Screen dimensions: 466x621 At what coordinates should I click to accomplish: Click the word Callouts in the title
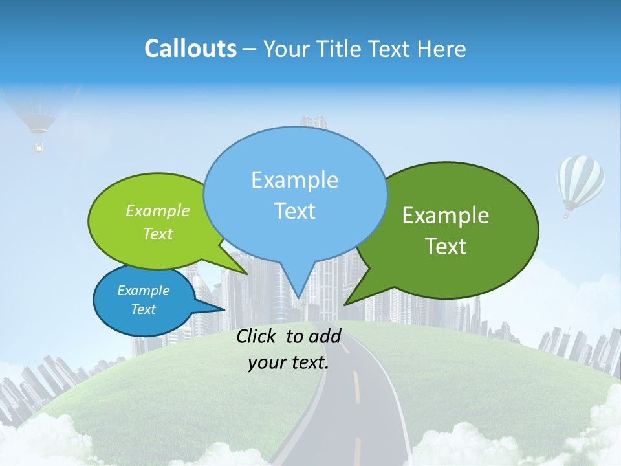[x=190, y=49]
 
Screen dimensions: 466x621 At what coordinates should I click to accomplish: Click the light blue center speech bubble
[x=295, y=162]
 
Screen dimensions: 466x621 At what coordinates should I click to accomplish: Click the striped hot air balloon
[x=580, y=181]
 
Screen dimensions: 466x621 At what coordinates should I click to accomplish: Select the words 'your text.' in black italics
[x=289, y=362]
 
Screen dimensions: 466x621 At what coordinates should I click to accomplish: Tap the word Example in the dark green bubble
[x=446, y=216]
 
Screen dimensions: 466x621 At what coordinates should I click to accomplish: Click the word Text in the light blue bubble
[x=295, y=211]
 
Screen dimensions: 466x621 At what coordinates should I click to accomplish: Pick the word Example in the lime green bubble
[x=158, y=211]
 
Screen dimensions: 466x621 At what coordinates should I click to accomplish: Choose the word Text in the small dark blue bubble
[x=144, y=309]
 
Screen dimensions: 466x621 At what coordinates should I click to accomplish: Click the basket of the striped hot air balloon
[x=567, y=214]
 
